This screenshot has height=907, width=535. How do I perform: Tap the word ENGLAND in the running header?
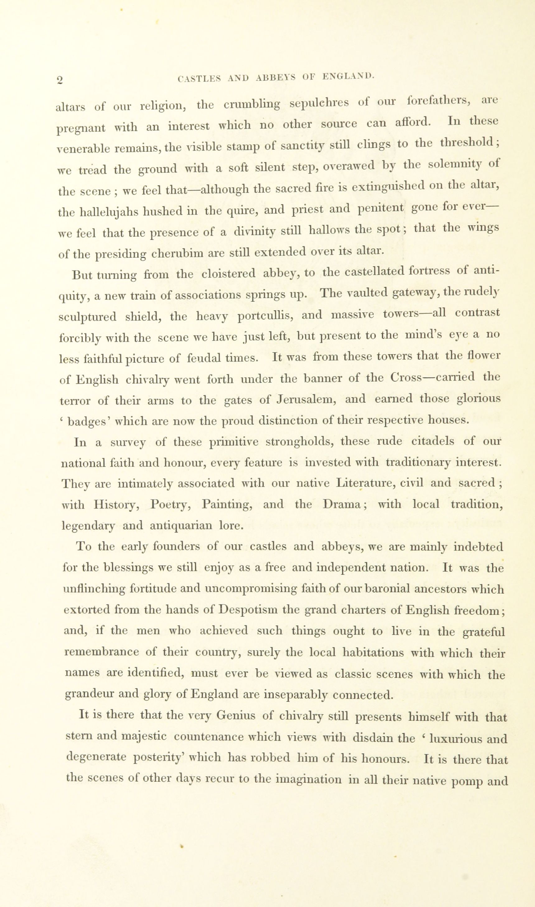348,77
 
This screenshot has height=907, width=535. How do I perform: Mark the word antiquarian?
181,525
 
